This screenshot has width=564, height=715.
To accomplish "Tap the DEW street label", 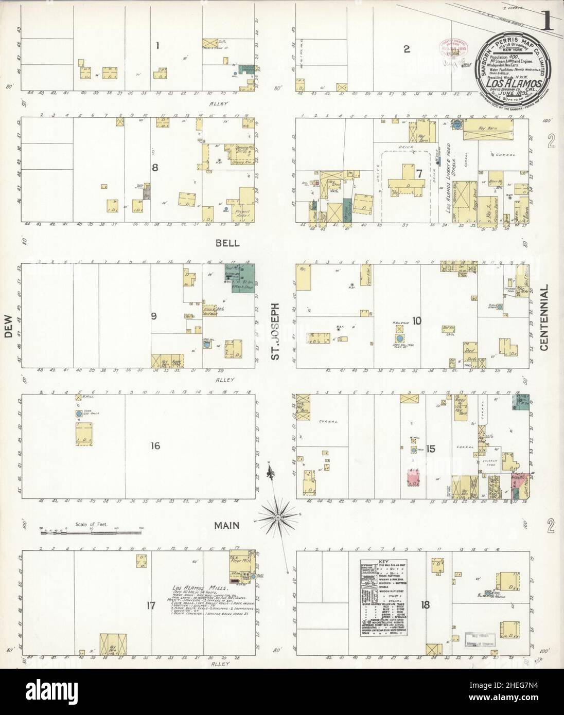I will point(8,341).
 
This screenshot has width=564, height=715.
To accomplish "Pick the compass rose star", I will point(278,516).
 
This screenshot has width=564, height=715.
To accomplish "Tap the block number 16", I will point(154,445).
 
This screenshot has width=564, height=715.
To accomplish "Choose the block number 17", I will point(150,605).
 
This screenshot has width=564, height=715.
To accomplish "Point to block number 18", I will point(425,605).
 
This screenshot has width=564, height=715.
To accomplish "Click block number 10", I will point(416,321).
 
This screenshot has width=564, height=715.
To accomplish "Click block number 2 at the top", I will point(406,49).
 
